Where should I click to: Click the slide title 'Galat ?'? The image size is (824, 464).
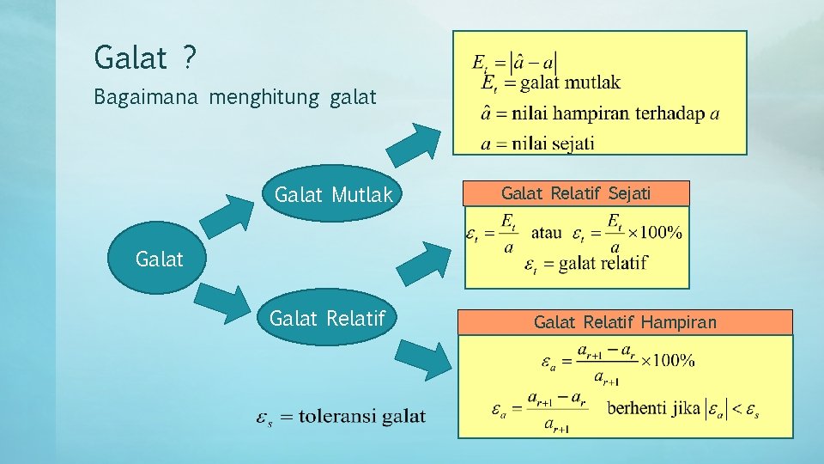tap(145, 58)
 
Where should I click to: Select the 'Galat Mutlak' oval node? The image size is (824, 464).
tap(333, 195)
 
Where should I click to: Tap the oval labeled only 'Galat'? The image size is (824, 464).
tap(160, 259)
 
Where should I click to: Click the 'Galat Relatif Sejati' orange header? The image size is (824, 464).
tap(576, 194)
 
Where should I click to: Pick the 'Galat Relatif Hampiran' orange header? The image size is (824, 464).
tap(625, 323)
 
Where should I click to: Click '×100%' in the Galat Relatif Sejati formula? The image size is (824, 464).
tap(654, 233)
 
